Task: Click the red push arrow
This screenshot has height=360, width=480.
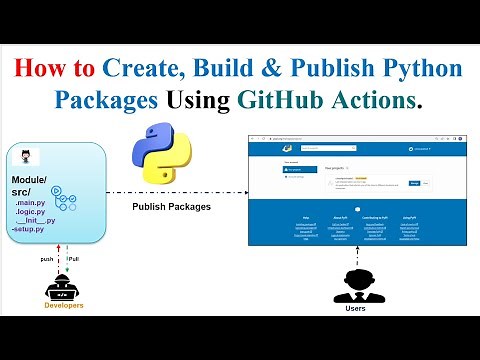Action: pyautogui.click(x=57, y=262)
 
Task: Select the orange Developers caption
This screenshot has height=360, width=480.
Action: pyautogui.click(x=62, y=305)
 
